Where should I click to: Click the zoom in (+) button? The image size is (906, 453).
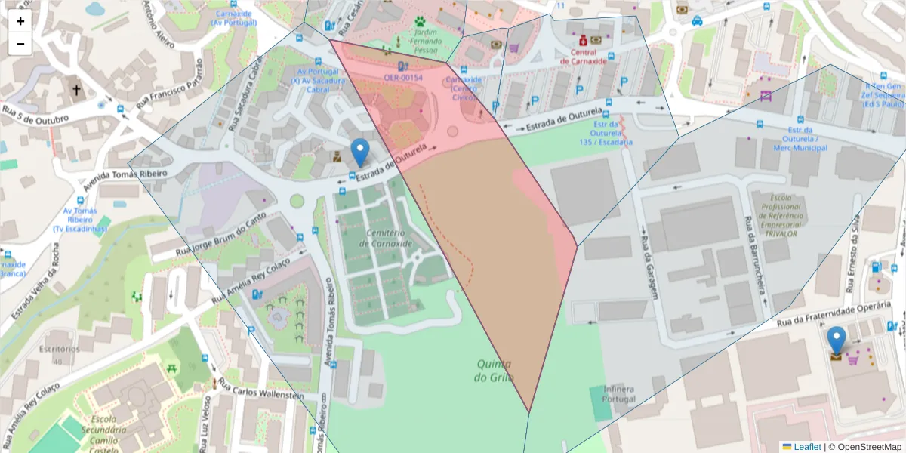coord(20,21)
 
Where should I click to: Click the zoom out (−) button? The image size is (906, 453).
coord(20,44)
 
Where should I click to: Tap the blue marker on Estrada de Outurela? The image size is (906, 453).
coord(361,153)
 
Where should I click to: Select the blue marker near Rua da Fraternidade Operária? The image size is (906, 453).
coord(836,341)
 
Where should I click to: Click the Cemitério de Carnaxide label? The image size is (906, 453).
coord(387,238)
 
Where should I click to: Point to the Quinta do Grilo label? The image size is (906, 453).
coord(495,370)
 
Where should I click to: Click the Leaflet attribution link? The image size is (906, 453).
coord(806,447)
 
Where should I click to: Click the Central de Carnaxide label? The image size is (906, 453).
coord(589,57)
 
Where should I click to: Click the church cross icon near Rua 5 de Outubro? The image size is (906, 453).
coord(76,91)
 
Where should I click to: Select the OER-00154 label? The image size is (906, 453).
coord(403,78)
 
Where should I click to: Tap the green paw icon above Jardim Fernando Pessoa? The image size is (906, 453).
coord(420,23)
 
